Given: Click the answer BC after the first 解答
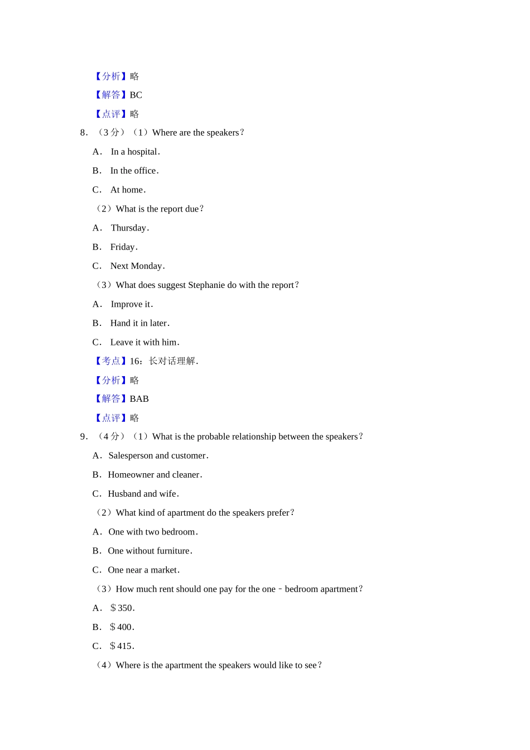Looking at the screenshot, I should coord(136,95).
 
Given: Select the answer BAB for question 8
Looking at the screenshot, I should coord(139,399).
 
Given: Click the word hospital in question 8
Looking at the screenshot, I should coord(142,152).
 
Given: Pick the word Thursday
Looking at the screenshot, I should coord(128,228).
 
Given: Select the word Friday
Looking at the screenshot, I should coord(122,247).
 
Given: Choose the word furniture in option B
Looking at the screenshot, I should coord(173,551).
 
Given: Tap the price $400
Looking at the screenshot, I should coord(122,627).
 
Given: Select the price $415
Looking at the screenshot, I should coord(122,646).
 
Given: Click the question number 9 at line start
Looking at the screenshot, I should coord(83,437).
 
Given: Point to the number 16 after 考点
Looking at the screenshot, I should coord(134,362).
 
